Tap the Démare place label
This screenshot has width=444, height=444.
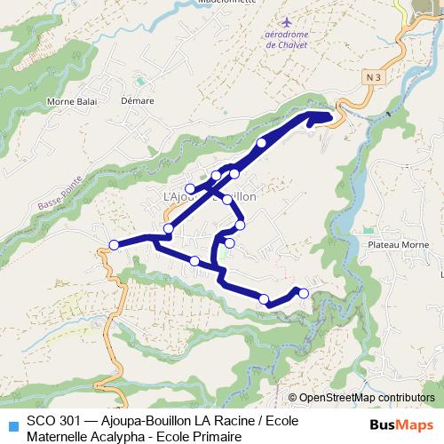pyautogui.click(x=138, y=101)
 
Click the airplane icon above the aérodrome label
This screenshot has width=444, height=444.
pyautogui.click(x=285, y=20)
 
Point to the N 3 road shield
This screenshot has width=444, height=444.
pyautogui.click(x=373, y=78)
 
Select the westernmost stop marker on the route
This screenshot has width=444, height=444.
pyautogui.click(x=114, y=245)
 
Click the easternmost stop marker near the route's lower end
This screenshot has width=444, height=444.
pyautogui.click(x=304, y=293)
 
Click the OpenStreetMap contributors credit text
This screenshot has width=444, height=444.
pyautogui.click(x=369, y=398)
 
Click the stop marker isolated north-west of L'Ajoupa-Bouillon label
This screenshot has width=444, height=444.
pyautogui.click(x=190, y=188)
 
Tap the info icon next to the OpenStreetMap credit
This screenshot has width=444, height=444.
pyautogui.click(x=292, y=398)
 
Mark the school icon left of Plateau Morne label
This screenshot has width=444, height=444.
pyautogui.click(x=360, y=230)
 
